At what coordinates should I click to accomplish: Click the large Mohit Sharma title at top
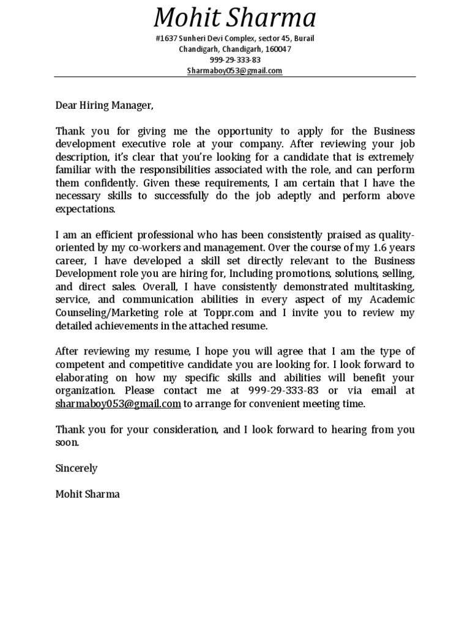235,18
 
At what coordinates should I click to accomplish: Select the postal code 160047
278,49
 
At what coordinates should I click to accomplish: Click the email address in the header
235,70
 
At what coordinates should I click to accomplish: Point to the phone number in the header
235,60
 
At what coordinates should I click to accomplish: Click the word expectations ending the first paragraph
85,208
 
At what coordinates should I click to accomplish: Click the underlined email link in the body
118,403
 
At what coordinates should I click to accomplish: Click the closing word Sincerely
76,468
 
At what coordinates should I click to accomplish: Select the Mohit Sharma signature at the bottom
88,494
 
